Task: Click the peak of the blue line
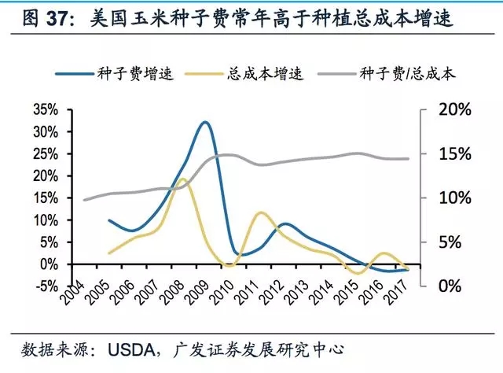[205, 122]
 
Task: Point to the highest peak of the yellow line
[182, 179]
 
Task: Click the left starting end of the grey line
[84, 200]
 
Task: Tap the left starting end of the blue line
[108, 220]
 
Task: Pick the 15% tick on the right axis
[453, 154]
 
